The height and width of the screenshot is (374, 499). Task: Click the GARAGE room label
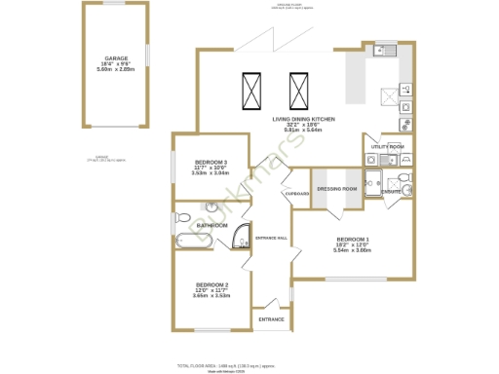point(116,58)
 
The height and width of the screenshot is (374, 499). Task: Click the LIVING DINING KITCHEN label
point(303,119)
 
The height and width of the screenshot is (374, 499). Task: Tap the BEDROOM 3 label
point(211,162)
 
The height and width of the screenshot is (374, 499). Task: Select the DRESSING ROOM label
point(337,188)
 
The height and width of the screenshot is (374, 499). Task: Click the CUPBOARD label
point(296,194)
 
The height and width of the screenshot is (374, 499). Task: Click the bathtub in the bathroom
point(193,239)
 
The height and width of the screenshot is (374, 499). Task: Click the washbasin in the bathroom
point(211,206)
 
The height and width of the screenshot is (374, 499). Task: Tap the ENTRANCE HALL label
point(271,238)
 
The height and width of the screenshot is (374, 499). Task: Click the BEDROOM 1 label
point(353,240)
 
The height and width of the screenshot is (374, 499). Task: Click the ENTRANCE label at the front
point(271,318)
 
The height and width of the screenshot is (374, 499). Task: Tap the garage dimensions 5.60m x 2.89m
point(116,70)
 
